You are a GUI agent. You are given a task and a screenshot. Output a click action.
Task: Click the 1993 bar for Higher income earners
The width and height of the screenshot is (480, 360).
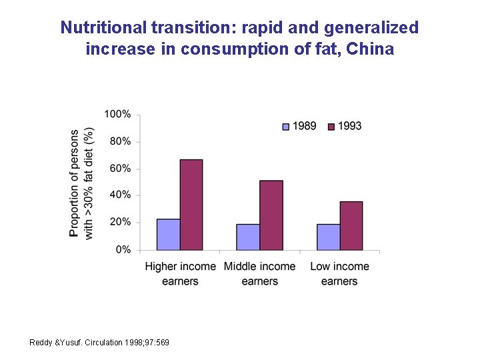(x=191, y=205)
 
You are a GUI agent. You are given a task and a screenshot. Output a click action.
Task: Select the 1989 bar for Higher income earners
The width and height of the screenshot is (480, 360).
(x=168, y=234)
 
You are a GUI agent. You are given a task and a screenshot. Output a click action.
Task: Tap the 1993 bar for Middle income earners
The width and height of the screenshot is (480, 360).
(x=271, y=215)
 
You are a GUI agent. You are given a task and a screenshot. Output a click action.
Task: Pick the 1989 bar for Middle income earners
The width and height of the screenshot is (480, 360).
(x=248, y=237)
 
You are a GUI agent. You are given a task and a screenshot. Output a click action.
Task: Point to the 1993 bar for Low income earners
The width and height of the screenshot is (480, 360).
(x=351, y=225)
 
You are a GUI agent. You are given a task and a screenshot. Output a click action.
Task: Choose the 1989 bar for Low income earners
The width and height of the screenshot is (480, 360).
(x=328, y=237)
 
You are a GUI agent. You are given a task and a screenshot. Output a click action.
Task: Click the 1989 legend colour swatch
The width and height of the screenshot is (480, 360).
(x=286, y=126)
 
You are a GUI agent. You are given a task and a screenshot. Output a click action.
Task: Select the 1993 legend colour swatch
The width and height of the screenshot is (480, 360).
(x=331, y=126)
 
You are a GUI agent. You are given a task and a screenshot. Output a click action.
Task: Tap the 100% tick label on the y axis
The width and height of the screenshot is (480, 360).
(x=117, y=115)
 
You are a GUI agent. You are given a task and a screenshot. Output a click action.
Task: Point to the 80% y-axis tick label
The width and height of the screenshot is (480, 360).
(x=120, y=141)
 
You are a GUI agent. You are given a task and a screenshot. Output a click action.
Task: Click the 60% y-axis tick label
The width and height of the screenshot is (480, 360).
(x=120, y=169)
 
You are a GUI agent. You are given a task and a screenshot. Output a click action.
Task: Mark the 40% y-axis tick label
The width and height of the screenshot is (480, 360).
(x=120, y=195)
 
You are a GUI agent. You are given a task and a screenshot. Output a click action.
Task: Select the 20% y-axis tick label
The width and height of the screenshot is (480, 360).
(x=120, y=222)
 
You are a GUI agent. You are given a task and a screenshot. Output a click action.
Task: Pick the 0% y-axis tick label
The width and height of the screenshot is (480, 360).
(x=123, y=249)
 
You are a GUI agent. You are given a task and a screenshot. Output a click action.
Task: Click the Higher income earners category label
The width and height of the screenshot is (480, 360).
(x=180, y=273)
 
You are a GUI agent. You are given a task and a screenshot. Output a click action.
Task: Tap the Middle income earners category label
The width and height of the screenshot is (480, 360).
(x=259, y=273)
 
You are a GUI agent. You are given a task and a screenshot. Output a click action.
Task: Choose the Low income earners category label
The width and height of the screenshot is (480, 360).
(x=339, y=273)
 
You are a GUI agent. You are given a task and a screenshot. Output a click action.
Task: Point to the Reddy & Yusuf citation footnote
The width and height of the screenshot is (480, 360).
(x=99, y=343)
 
